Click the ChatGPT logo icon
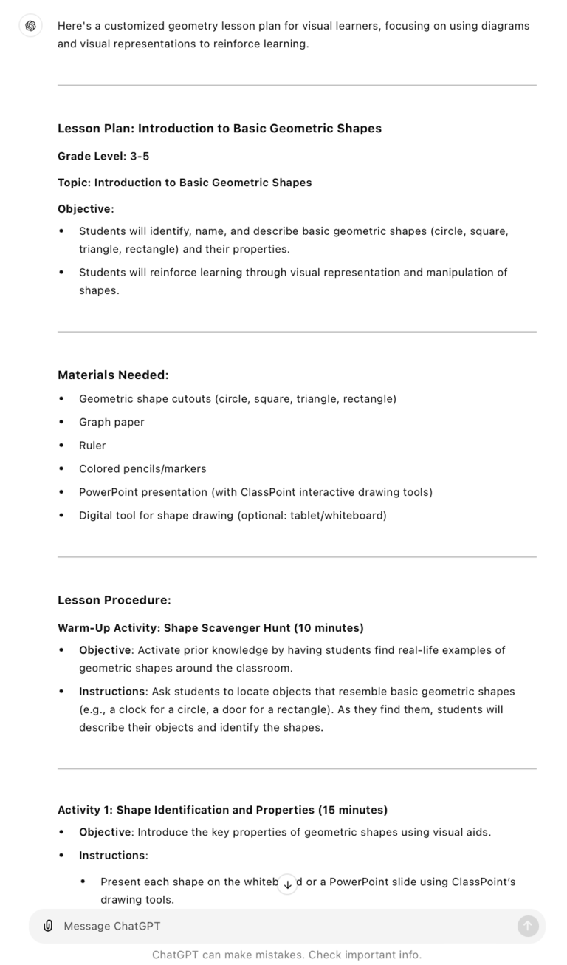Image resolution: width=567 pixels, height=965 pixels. (x=30, y=26)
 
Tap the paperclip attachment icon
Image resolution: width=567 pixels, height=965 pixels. (x=48, y=926)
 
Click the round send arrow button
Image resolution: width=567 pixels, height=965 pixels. (x=528, y=926)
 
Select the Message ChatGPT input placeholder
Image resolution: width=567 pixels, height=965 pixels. (x=112, y=926)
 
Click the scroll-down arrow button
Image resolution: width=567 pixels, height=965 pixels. (x=287, y=884)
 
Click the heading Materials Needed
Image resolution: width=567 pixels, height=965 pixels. (x=113, y=375)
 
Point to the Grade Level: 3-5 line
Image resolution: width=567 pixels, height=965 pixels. (x=103, y=156)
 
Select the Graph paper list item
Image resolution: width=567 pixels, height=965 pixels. (x=111, y=422)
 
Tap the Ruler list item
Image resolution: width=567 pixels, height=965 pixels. (x=92, y=446)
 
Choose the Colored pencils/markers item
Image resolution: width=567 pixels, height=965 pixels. (x=142, y=468)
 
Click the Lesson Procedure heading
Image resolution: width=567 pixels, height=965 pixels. (x=114, y=600)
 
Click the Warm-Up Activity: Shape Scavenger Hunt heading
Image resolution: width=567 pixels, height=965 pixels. (x=210, y=628)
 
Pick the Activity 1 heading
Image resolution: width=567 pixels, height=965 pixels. (x=222, y=810)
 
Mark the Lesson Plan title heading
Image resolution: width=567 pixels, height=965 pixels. (x=219, y=129)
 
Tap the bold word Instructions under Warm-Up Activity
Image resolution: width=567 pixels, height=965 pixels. (x=111, y=692)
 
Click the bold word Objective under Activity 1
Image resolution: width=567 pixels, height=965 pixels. (x=105, y=832)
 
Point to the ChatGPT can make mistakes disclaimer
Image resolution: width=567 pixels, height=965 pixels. (x=286, y=955)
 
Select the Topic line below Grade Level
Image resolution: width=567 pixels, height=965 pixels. (x=185, y=183)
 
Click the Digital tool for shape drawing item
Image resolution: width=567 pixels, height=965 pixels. (x=233, y=515)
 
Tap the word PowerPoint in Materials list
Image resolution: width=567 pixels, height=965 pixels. (x=107, y=492)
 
